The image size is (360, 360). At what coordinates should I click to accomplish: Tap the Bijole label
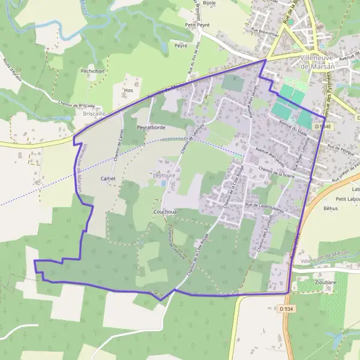coord(209,3)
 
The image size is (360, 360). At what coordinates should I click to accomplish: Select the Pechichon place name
coord(93,70)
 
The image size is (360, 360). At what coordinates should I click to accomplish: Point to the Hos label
coord(127,91)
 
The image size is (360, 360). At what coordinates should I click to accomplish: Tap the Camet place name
coord(108,179)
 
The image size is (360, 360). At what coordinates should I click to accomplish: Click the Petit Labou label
coord(347,199)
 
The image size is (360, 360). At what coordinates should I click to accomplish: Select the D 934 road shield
coord(286,308)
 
